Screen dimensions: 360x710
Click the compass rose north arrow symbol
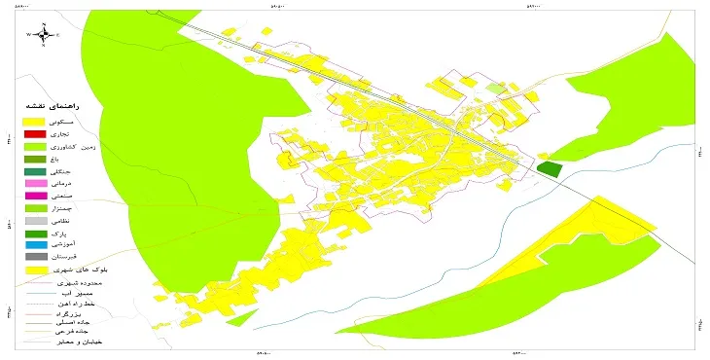coord(45,34)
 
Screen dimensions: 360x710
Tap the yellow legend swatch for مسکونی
coord(36,120)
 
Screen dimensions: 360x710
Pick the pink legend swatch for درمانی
coord(36,183)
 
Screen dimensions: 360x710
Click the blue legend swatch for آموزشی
coord(36,245)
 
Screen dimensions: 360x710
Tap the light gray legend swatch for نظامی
coord(36,221)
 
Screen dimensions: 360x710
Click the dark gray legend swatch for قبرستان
coord(36,257)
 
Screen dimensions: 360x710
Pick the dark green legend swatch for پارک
coord(36,234)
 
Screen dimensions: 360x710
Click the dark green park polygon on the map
coord(550,168)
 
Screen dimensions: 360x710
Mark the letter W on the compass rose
coord(30,35)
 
